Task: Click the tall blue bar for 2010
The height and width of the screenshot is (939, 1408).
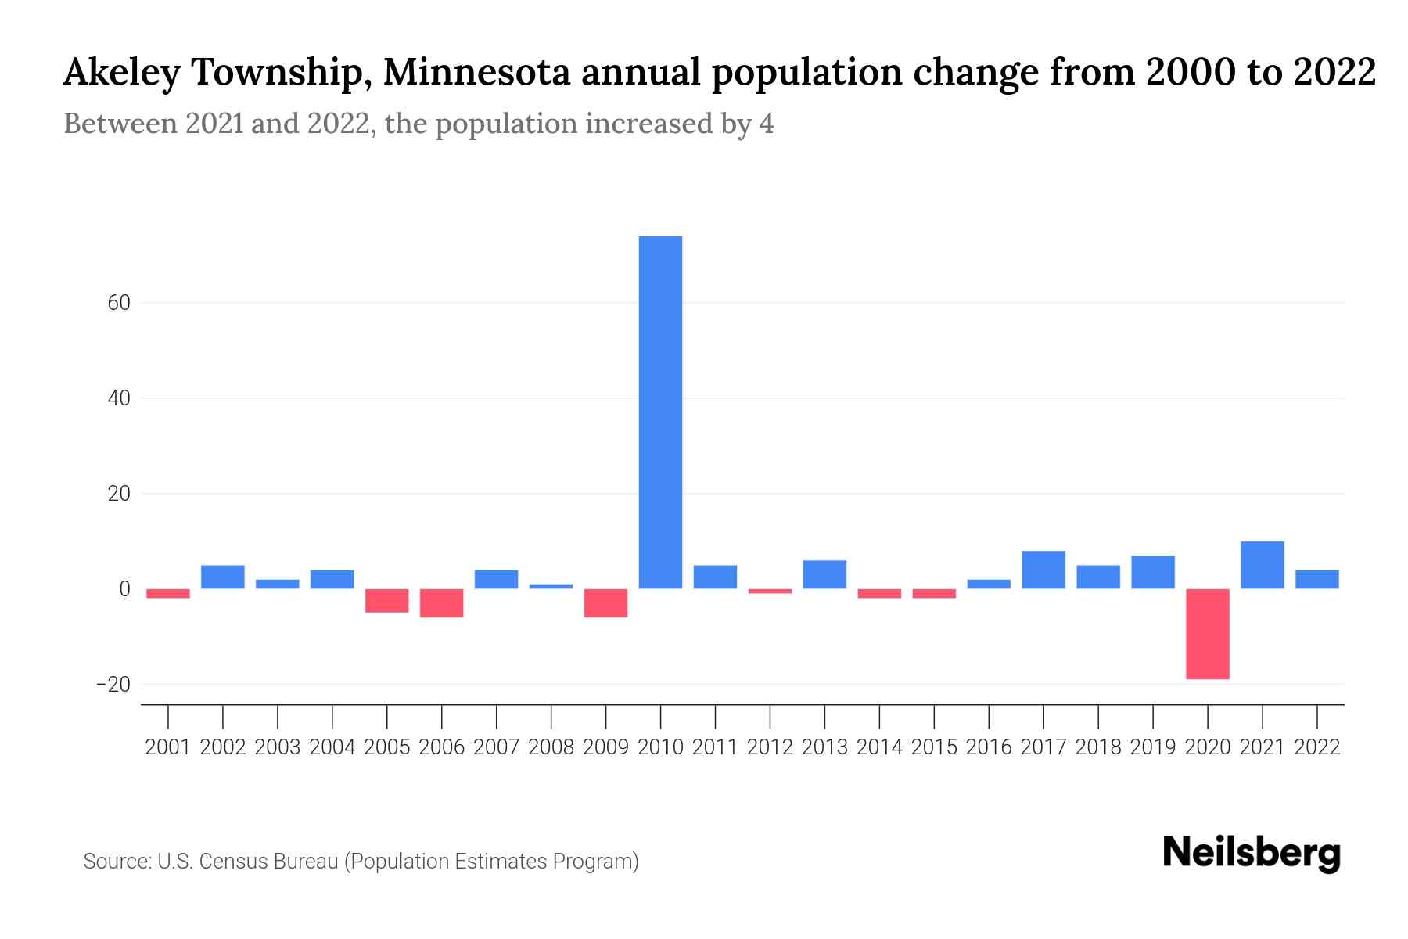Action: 660,412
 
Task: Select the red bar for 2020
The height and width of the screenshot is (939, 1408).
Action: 1208,634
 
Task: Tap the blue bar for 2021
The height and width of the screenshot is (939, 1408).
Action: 1262,565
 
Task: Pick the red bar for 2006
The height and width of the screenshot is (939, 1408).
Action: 442,603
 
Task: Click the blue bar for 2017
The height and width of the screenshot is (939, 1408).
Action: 1043,570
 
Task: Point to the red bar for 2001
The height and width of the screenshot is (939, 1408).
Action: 168,594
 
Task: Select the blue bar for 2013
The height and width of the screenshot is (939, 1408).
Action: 824,574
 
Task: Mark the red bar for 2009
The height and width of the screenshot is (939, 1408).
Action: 606,603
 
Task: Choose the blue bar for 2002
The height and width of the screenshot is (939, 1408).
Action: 223,577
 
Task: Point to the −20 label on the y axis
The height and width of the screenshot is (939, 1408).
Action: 113,685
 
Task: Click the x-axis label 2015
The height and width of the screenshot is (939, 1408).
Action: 934,747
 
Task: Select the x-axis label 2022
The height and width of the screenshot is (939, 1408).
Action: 1317,747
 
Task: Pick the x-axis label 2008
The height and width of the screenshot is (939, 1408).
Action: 551,747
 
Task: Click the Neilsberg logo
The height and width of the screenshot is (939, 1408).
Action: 1252,853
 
